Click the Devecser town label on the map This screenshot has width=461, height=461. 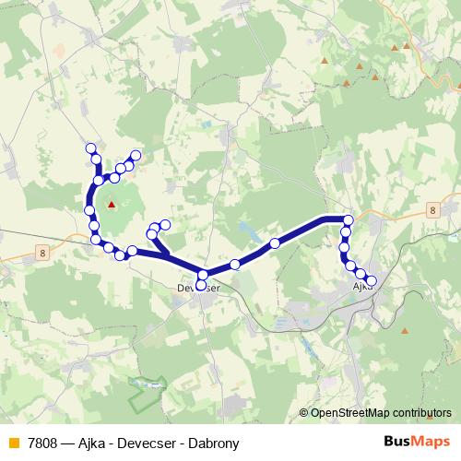(x=198, y=289)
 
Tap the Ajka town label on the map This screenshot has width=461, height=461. (x=362, y=288)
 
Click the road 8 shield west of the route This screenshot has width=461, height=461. (x=42, y=251)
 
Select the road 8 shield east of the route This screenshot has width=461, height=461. (x=431, y=211)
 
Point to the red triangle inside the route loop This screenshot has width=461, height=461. (x=112, y=205)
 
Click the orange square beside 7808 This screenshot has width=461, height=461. (x=13, y=443)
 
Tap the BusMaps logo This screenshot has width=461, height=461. (x=417, y=443)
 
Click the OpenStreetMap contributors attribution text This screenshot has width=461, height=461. (x=381, y=414)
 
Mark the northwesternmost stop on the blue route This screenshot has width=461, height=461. (x=90, y=148)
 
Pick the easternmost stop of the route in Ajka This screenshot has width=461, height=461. (x=372, y=280)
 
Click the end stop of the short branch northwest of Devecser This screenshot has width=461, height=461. (x=166, y=224)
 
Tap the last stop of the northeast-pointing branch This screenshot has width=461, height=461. (x=136, y=155)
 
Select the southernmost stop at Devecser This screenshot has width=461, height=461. (x=201, y=285)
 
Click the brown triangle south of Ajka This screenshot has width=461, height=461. (x=407, y=331)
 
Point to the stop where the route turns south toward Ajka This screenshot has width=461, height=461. (x=348, y=219)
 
